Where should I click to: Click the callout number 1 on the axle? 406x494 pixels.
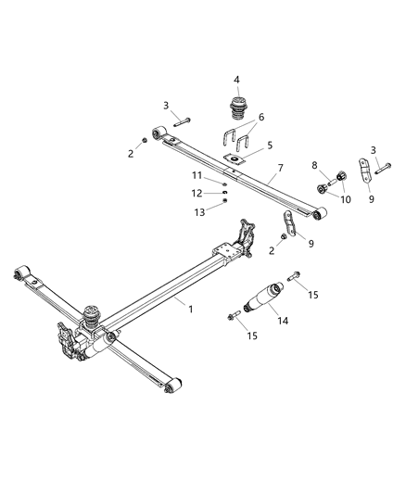click(191, 309)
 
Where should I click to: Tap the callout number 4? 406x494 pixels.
click(236, 79)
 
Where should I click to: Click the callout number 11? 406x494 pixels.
click(197, 175)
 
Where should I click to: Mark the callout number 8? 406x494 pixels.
click(315, 165)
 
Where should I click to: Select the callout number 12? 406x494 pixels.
click(197, 193)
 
